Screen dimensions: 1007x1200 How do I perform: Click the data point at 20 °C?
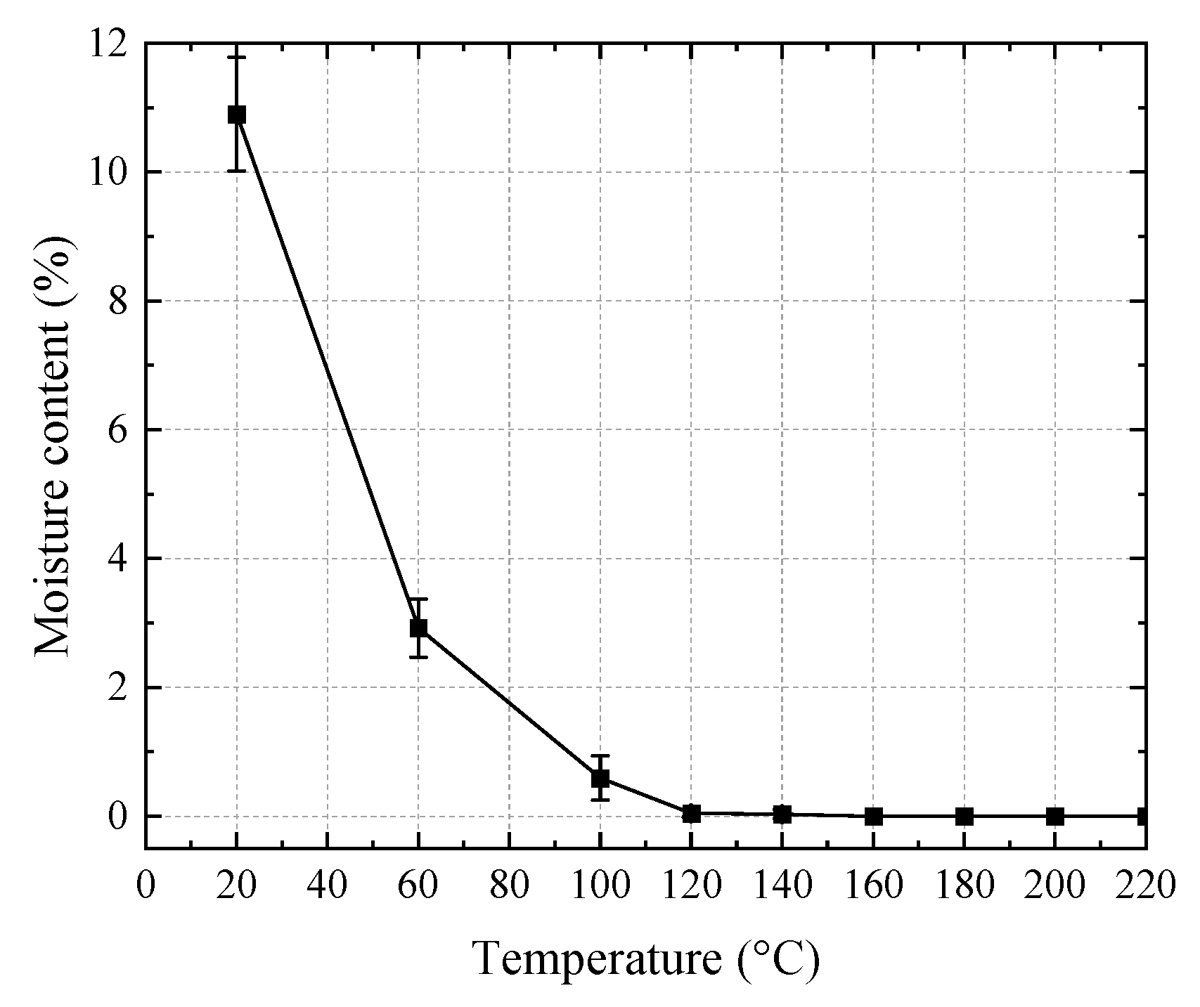237,115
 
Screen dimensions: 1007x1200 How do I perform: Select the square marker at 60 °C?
419,628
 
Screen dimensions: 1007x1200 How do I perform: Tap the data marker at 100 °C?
600,778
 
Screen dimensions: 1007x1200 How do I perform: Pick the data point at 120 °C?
691,813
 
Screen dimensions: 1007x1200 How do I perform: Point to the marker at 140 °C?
782,814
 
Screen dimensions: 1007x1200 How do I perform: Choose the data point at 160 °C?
873,816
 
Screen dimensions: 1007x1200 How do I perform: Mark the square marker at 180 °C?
964,816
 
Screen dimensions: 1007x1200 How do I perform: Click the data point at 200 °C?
1055,816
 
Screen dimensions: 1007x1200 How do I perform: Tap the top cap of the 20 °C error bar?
237,57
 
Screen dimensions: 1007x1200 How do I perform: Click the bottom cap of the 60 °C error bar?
419,657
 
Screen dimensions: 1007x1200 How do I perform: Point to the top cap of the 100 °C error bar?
600,755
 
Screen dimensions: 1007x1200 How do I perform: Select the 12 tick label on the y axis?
108,44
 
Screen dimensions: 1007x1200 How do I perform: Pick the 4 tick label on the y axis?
117,559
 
